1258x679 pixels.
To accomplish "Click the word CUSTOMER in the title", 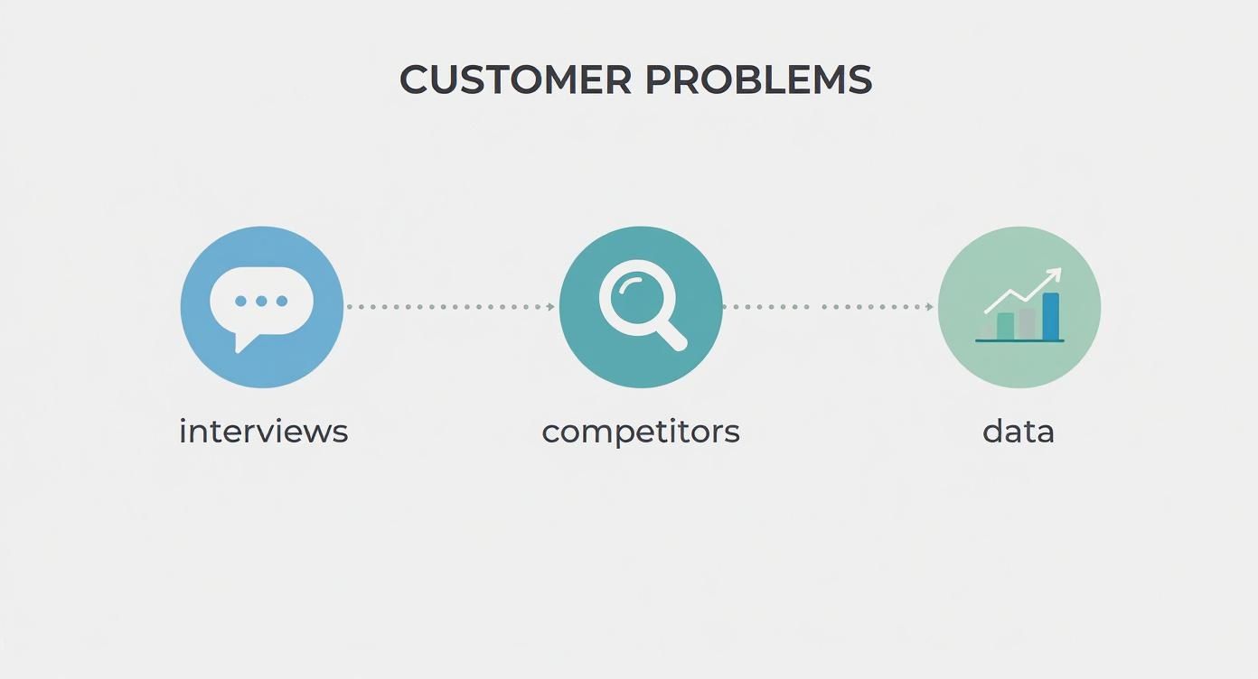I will pos(515,79).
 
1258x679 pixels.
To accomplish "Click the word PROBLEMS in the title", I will pos(758,79).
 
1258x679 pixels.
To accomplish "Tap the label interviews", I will pos(263,432).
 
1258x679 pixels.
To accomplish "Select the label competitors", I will pos(641,432).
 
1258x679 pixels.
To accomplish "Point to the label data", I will pos(1019,432).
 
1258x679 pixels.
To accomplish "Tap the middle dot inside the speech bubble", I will pos(261,301).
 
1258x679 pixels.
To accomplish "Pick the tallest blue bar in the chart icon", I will pos(1050,316).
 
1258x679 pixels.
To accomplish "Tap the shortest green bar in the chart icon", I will pos(1005,326).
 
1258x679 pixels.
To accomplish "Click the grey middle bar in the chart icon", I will pos(1028,323).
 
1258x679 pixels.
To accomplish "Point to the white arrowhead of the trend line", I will pos(1054,274).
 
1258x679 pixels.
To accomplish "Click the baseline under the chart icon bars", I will pos(1019,341).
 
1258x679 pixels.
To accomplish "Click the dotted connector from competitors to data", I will pos(827,307).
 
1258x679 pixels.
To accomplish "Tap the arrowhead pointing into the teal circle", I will pos(551,307).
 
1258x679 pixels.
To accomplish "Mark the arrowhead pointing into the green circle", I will pos(930,307).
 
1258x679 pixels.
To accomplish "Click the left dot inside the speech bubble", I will pos(241,301).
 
